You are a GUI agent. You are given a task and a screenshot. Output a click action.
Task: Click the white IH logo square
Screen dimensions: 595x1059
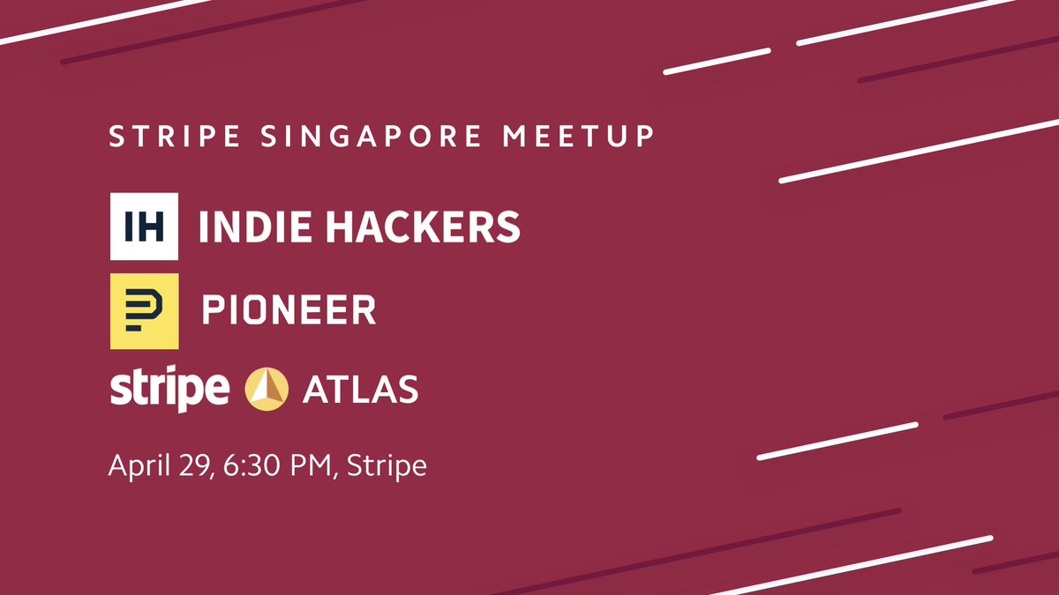[x=145, y=227]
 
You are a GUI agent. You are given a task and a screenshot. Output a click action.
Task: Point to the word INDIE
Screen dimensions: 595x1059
[x=256, y=227]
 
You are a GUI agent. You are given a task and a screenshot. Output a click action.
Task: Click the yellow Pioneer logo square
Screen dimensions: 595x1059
[x=145, y=310]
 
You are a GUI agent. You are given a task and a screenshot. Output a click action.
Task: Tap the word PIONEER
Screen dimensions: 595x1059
[x=289, y=310]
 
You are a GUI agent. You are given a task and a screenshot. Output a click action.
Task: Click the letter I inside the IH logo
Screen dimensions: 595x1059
[x=129, y=227]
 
